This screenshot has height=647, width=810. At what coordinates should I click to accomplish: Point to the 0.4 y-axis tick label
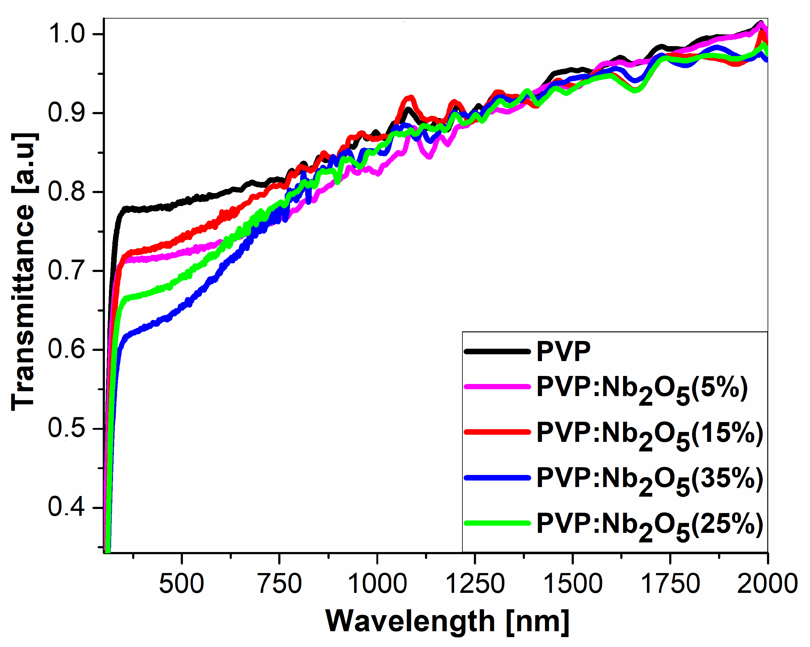67,507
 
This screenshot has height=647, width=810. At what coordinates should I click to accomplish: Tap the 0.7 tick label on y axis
67,270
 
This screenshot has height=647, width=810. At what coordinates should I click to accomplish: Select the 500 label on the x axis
181,584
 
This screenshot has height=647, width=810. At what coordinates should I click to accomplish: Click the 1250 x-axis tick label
475,584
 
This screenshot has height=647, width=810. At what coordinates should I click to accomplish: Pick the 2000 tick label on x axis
767,584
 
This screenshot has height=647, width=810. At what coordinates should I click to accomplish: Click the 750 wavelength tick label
279,584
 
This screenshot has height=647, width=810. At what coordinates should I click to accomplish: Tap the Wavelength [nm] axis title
447,621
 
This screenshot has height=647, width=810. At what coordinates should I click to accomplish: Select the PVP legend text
564,352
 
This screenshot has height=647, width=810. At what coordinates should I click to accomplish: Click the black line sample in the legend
497,352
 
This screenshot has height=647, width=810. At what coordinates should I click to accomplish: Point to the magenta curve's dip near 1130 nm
429,157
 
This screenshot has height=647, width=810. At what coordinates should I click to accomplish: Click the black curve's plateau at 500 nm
181,203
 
